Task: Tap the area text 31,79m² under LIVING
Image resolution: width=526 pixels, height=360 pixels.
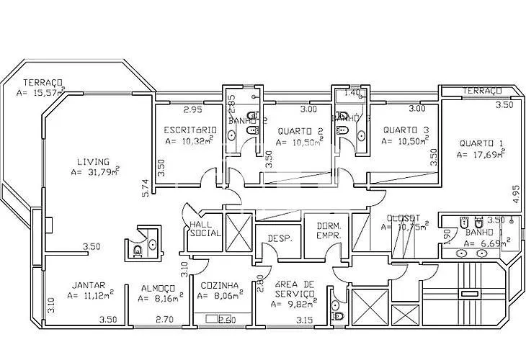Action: (95, 172)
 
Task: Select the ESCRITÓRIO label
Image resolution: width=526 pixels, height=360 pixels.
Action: (190, 130)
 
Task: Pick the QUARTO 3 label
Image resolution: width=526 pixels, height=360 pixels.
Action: (406, 130)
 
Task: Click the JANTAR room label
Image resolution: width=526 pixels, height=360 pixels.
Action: (89, 284)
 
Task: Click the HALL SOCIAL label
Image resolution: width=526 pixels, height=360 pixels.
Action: (204, 229)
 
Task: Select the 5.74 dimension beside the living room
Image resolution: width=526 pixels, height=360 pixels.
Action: (145, 189)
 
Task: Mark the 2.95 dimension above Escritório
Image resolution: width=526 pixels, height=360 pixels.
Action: (192, 110)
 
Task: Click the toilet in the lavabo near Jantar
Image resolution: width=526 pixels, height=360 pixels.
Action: (137, 251)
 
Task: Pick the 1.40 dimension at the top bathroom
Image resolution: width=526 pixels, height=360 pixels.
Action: (352, 93)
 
